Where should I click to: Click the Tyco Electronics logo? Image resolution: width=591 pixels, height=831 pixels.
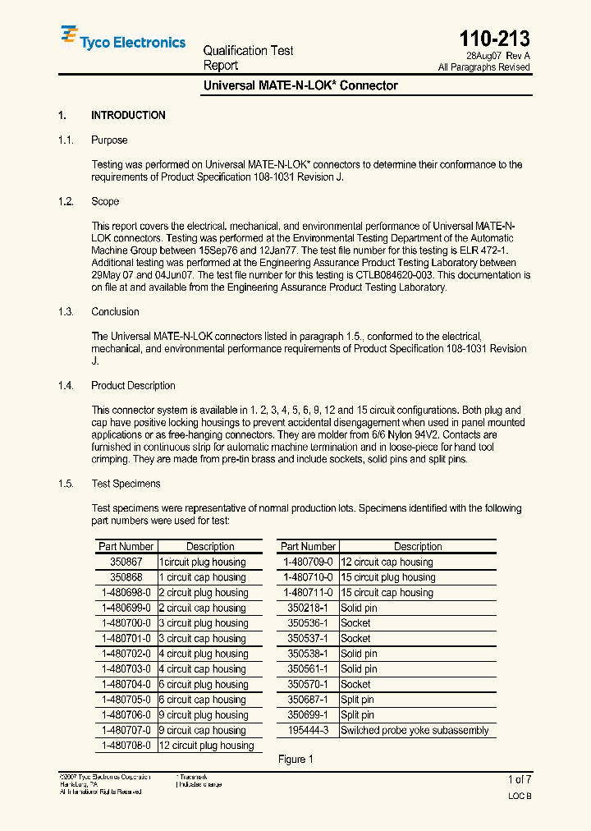coord(123,39)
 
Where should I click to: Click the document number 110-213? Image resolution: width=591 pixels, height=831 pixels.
coord(494,38)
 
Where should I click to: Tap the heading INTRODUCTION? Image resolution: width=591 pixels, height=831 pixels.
coord(128,116)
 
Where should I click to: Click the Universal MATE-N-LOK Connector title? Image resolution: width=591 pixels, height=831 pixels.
coord(300,85)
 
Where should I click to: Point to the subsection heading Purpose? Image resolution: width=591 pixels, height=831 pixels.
coord(109,140)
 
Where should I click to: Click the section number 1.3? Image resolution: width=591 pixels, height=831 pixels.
coord(66,312)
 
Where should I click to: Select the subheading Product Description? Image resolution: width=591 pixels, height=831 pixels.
coord(133,386)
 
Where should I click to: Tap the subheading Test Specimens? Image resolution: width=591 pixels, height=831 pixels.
coord(126,484)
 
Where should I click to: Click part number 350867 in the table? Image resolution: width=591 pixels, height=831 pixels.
coord(126,562)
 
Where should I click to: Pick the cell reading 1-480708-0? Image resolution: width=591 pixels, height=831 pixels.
coord(126,746)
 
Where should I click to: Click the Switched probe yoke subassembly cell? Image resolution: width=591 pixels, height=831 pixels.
coord(415,731)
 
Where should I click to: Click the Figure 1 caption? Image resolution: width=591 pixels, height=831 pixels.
coord(295,760)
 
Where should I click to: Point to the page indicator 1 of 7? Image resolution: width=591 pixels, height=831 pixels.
coord(520,779)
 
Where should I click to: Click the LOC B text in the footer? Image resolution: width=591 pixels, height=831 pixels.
coord(520,797)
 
